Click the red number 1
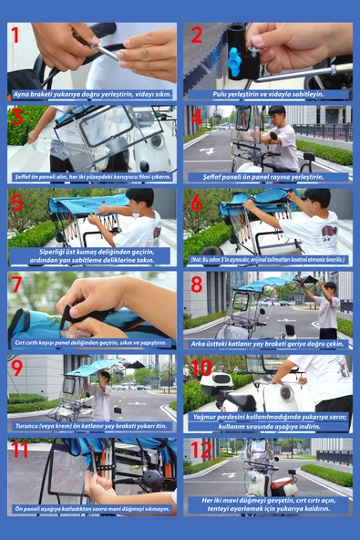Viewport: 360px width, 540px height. [x=15, y=36]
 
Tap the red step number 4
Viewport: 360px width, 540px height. [x=196, y=117]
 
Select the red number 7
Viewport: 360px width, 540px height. [x=17, y=284]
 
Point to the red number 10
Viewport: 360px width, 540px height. [x=201, y=368]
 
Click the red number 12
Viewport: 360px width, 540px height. [x=201, y=451]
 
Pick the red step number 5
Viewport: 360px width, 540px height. [x=16, y=201]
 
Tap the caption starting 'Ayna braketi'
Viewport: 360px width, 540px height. [x=91, y=94]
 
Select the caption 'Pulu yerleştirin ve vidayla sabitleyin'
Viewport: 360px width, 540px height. [x=269, y=94]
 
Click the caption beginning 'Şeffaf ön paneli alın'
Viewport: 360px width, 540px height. [x=91, y=176]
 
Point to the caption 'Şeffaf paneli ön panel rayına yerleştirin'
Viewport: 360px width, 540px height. [x=269, y=176]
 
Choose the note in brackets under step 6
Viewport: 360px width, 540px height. [x=269, y=260]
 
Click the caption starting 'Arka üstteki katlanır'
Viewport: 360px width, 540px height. [x=269, y=343]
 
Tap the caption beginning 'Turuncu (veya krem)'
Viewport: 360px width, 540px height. [x=91, y=426]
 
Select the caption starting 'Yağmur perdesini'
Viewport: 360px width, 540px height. [x=269, y=422]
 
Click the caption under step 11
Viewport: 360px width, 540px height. [x=91, y=509]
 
